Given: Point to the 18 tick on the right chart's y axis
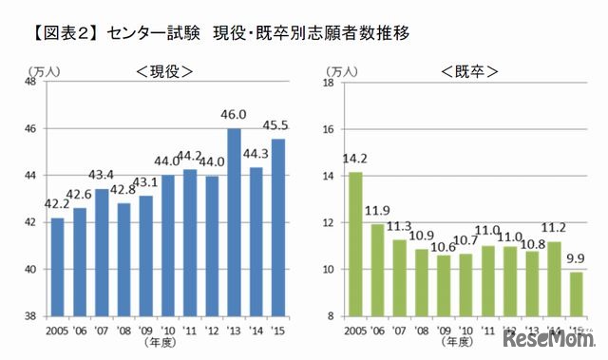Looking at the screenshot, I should [330, 82].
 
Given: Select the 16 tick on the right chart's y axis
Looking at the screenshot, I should [330, 129].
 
